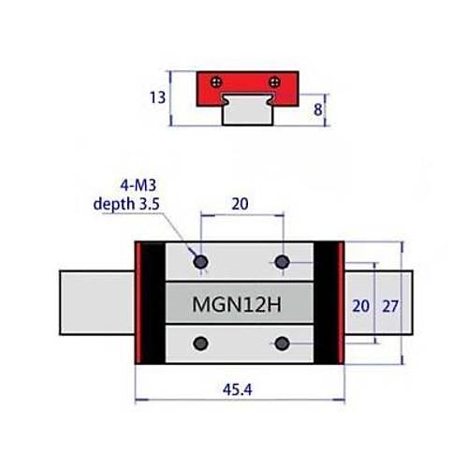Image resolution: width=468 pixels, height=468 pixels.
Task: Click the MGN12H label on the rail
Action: (x=237, y=304)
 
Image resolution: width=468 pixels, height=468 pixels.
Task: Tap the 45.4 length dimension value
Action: (x=238, y=389)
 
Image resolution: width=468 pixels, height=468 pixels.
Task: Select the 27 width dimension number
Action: (x=390, y=306)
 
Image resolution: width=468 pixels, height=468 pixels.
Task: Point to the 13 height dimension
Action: (x=157, y=97)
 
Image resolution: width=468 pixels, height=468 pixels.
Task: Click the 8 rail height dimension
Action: (x=317, y=110)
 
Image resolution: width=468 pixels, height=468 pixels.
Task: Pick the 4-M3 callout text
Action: (x=139, y=185)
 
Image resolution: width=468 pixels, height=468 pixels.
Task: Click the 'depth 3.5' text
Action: (x=126, y=204)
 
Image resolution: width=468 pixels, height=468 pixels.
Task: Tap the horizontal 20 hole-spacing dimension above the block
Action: (x=240, y=204)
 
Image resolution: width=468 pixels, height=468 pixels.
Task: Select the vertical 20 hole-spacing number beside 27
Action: (x=360, y=306)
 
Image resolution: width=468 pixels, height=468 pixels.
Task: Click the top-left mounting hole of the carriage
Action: (x=200, y=261)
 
